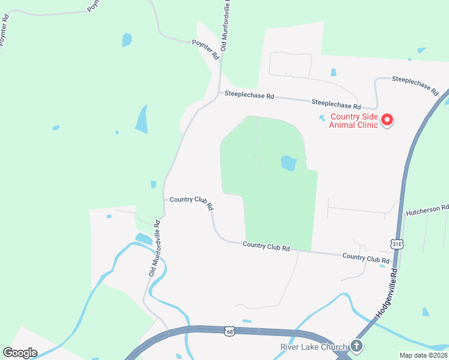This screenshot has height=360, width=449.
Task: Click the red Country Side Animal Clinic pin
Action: [x=387, y=120]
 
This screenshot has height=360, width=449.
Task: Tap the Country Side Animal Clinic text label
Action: [x=354, y=121]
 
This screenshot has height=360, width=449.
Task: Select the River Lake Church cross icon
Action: [x=357, y=346]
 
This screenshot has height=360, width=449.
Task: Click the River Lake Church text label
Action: [x=313, y=347]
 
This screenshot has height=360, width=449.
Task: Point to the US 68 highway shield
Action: [x=230, y=331]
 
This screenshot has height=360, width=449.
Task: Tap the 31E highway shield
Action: [x=397, y=244]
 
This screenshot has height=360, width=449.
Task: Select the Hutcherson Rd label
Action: [x=427, y=209]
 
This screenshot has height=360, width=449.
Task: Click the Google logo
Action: [x=20, y=353]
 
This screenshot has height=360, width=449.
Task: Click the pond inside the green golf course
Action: [x=289, y=163]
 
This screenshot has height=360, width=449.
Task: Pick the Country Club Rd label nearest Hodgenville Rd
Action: [x=366, y=257]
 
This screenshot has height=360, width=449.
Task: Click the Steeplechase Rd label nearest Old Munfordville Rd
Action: [x=249, y=95]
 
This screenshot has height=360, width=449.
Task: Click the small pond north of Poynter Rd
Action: [x=127, y=40]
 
